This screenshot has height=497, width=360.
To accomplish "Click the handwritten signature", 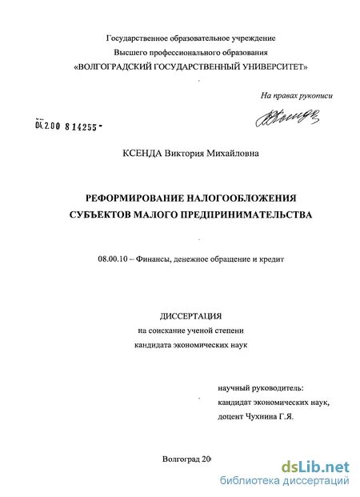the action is click(x=288, y=118).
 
